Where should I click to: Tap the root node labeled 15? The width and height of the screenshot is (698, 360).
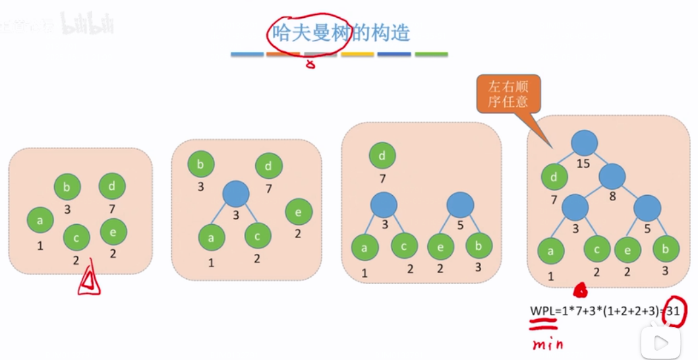pos(584,143)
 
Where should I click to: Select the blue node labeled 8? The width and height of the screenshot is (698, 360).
pos(612,175)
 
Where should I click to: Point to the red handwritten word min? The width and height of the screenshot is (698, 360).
pos(548,342)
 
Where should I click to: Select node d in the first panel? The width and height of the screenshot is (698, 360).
pos(112,187)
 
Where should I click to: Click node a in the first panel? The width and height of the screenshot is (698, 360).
pos(40,221)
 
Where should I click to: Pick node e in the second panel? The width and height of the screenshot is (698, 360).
pos(299,212)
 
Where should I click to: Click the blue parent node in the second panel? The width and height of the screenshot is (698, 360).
pos(235,193)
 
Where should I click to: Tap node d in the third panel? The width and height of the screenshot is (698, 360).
pos(382,157)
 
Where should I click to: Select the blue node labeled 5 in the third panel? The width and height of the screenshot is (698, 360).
pos(460,206)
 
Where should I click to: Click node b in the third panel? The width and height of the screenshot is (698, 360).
pos(479,247)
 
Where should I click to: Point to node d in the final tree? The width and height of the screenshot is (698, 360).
pos(554,177)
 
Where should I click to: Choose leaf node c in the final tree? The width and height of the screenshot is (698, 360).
pos(596,250)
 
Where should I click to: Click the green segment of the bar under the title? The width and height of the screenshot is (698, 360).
pos(431,54)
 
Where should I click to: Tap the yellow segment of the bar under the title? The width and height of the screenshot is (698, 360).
pos(357,54)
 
